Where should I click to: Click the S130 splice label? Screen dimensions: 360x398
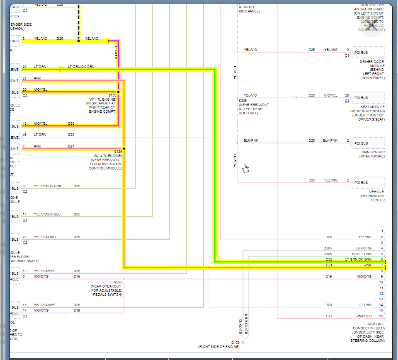click(x=112, y=95)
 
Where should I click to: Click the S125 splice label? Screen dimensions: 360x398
click(x=119, y=152)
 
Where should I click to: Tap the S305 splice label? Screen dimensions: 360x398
click(x=243, y=100)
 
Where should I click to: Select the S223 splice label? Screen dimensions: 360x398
click(x=118, y=282)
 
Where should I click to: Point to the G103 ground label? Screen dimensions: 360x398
click(x=235, y=343)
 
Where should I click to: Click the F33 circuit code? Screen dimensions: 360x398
click(x=328, y=316)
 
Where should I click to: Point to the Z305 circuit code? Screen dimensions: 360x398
click(x=328, y=248)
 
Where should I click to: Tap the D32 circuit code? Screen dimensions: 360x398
click(x=328, y=259)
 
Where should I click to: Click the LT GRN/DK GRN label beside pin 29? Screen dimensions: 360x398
click(x=81, y=67)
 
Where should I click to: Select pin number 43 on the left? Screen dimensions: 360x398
click(x=24, y=123)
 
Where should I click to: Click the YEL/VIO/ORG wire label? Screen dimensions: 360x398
click(x=45, y=237)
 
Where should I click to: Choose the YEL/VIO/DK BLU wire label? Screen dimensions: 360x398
click(x=47, y=214)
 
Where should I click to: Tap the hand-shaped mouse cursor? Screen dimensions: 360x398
click(x=246, y=169)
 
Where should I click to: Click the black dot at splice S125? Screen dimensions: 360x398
click(x=124, y=148)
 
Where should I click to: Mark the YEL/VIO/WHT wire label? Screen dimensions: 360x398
click(x=45, y=305)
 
